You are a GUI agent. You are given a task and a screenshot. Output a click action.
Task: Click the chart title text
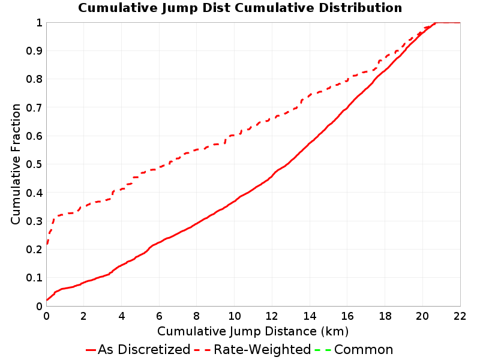(240, 8)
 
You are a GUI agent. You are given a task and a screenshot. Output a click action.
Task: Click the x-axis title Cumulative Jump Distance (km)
(253, 331)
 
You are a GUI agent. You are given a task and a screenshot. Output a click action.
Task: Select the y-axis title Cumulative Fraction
(16, 164)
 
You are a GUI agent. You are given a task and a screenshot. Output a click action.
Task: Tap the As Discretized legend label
(144, 350)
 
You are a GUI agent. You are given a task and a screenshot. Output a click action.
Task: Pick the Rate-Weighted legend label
(262, 350)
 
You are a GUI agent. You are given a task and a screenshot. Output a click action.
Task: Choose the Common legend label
(364, 350)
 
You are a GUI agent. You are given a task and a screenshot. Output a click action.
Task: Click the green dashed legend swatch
(323, 350)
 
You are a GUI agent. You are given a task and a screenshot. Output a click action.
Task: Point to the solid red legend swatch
(91, 350)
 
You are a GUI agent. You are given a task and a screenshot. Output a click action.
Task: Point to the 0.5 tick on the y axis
(34, 164)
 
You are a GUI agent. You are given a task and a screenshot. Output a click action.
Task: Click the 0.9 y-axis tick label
(34, 51)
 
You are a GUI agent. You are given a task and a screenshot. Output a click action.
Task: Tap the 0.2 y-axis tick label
(34, 250)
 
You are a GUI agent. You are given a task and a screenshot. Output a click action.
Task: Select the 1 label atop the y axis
(39, 23)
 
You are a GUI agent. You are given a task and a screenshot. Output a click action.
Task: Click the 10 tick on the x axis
(234, 316)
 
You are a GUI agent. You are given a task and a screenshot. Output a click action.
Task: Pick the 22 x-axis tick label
(460, 316)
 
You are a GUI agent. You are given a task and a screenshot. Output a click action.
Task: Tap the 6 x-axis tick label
(159, 316)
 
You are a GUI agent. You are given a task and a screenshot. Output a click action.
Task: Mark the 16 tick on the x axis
(347, 316)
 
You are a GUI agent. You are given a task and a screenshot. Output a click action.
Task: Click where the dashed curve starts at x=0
(47, 244)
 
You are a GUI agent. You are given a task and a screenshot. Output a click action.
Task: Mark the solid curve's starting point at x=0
(47, 299)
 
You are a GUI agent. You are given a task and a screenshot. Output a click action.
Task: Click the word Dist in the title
(217, 8)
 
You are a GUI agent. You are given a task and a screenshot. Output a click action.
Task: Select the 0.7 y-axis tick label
(34, 108)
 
